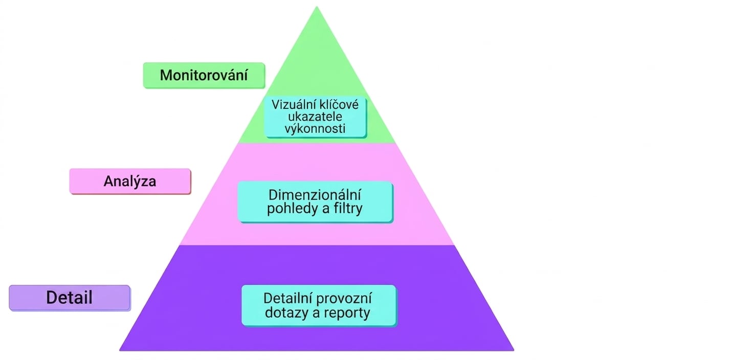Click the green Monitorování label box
pos(204,76)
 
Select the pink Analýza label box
pos(130,182)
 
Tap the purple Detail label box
pos(70,298)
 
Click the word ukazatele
pos(315,117)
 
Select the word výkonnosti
pos(315,129)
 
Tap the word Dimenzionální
pos(315,195)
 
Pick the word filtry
pos(348,209)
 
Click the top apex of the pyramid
pos(317,7)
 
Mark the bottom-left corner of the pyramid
pos(120,351)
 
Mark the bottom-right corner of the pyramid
pos(514,351)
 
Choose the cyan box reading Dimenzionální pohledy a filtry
pos(315,202)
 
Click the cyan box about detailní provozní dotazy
pos(319,306)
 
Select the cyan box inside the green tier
pos(315,117)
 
